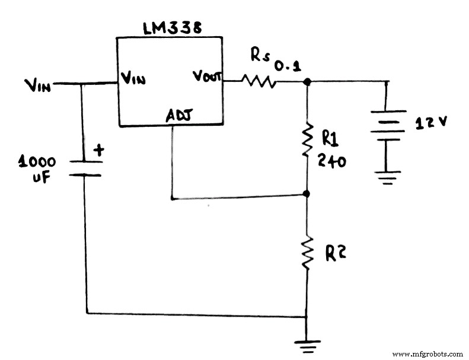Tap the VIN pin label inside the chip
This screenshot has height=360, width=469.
pyautogui.click(x=133, y=77)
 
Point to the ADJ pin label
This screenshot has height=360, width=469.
pyautogui.click(x=179, y=115)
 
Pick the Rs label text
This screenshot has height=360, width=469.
pyautogui.click(x=260, y=56)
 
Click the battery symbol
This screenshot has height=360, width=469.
pyautogui.click(x=388, y=125)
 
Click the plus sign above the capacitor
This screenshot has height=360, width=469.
pyautogui.click(x=98, y=151)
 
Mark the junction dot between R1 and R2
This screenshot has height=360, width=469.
pyautogui.click(x=307, y=194)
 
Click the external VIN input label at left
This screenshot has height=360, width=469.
pyautogui.click(x=38, y=86)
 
